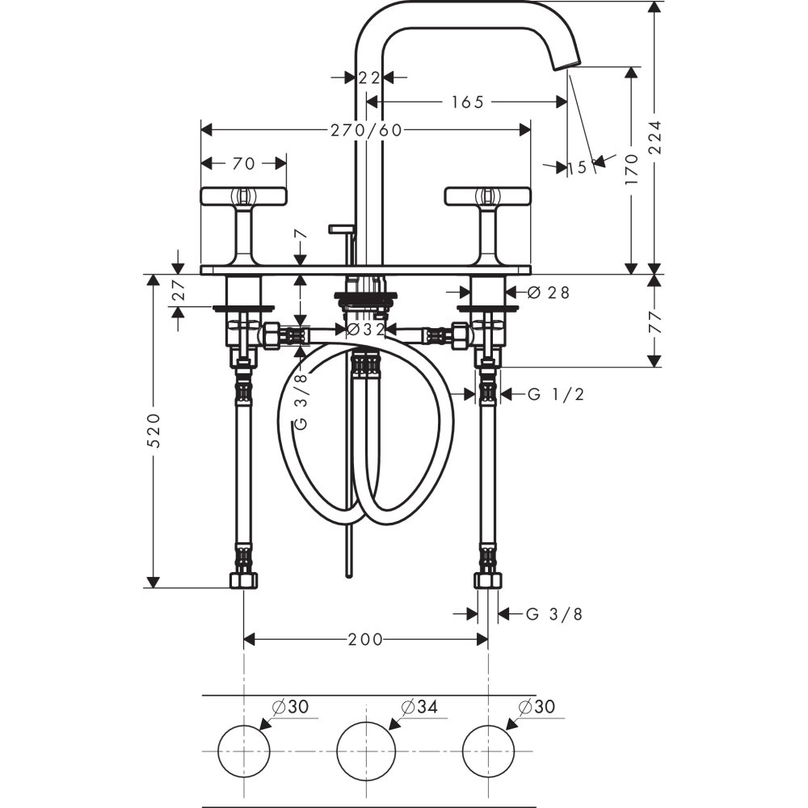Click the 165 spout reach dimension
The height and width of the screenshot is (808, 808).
pyautogui.click(x=468, y=102)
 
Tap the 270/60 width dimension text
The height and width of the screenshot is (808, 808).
pyautogui.click(x=366, y=130)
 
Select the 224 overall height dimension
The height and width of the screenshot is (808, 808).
pyautogui.click(x=654, y=137)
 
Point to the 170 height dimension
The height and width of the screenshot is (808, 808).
pyautogui.click(x=631, y=170)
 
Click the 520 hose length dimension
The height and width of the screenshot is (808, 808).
pyautogui.click(x=154, y=430)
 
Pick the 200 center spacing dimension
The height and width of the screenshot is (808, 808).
pyautogui.click(x=365, y=639)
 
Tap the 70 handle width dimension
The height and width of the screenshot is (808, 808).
pyautogui.click(x=244, y=163)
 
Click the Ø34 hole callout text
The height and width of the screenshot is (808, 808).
pyautogui.click(x=419, y=706)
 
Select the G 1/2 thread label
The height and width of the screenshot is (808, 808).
pyautogui.click(x=556, y=394)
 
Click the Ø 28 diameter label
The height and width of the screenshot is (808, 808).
pyautogui.click(x=549, y=292)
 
